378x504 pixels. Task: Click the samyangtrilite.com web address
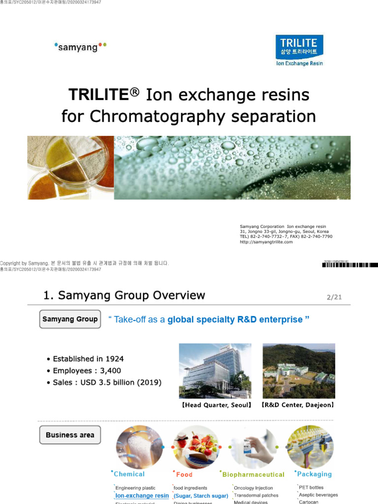tap(266, 242)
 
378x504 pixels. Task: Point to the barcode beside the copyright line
tap(350, 265)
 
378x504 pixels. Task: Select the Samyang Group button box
tap(70, 319)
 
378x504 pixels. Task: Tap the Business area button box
tap(70, 435)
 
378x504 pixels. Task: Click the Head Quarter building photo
tap(215, 371)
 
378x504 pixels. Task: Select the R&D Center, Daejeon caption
tap(298, 405)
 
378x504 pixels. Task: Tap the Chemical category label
tap(129, 474)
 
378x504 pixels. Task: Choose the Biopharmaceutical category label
tap(253, 474)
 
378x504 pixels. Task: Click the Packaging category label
tap(315, 474)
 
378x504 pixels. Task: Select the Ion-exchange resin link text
tap(142, 496)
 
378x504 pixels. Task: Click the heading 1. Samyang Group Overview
tap(124, 295)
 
